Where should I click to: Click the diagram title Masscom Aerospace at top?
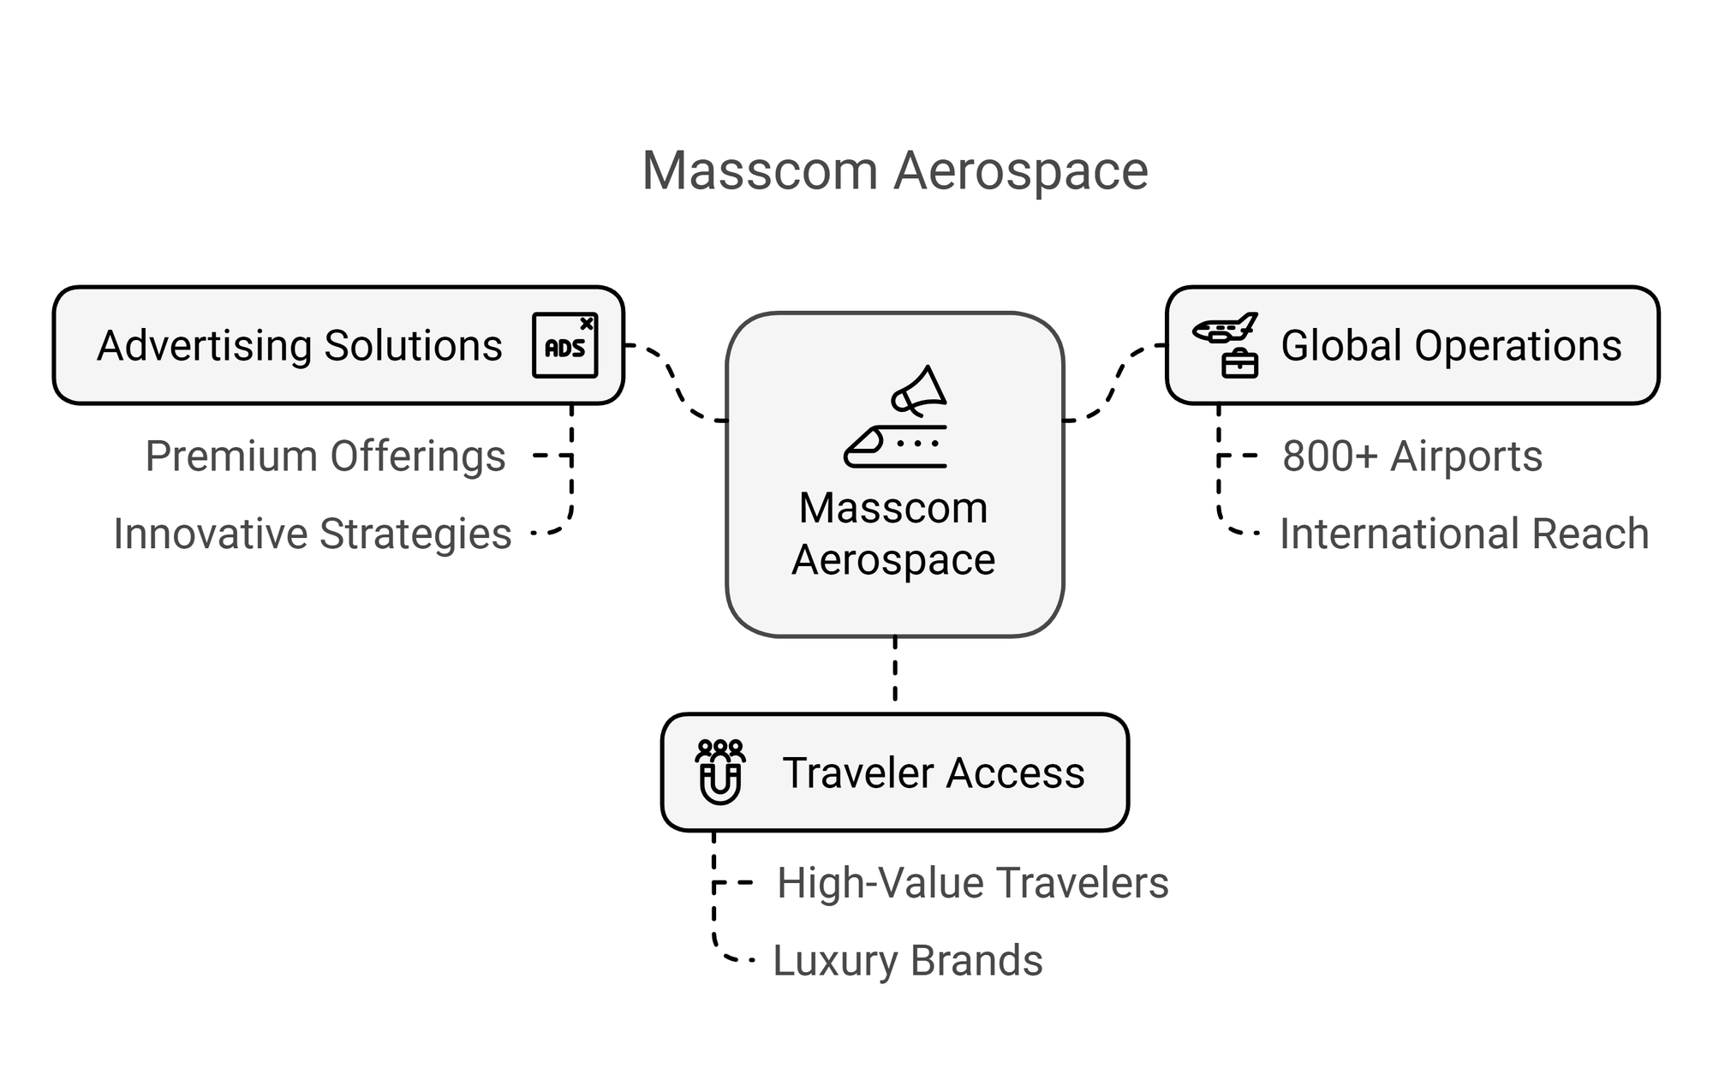[894, 170]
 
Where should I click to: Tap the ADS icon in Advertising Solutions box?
[564, 345]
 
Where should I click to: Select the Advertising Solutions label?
[299, 346]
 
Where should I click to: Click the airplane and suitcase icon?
[1227, 344]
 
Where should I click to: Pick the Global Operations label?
[1451, 346]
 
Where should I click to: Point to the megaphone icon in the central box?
[918, 391]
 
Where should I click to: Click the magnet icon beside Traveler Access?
[719, 773]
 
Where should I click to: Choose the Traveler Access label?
[933, 773]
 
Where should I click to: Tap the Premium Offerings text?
[325, 456]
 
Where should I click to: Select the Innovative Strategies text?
[312, 534]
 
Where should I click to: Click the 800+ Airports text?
[1412, 456]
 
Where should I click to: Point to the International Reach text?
[1464, 534]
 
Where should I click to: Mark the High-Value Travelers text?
[972, 883]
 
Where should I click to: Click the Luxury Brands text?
[907, 960]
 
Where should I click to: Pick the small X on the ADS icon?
[586, 324]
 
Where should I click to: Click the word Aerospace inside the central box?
[893, 560]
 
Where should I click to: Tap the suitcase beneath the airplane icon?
[1239, 364]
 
